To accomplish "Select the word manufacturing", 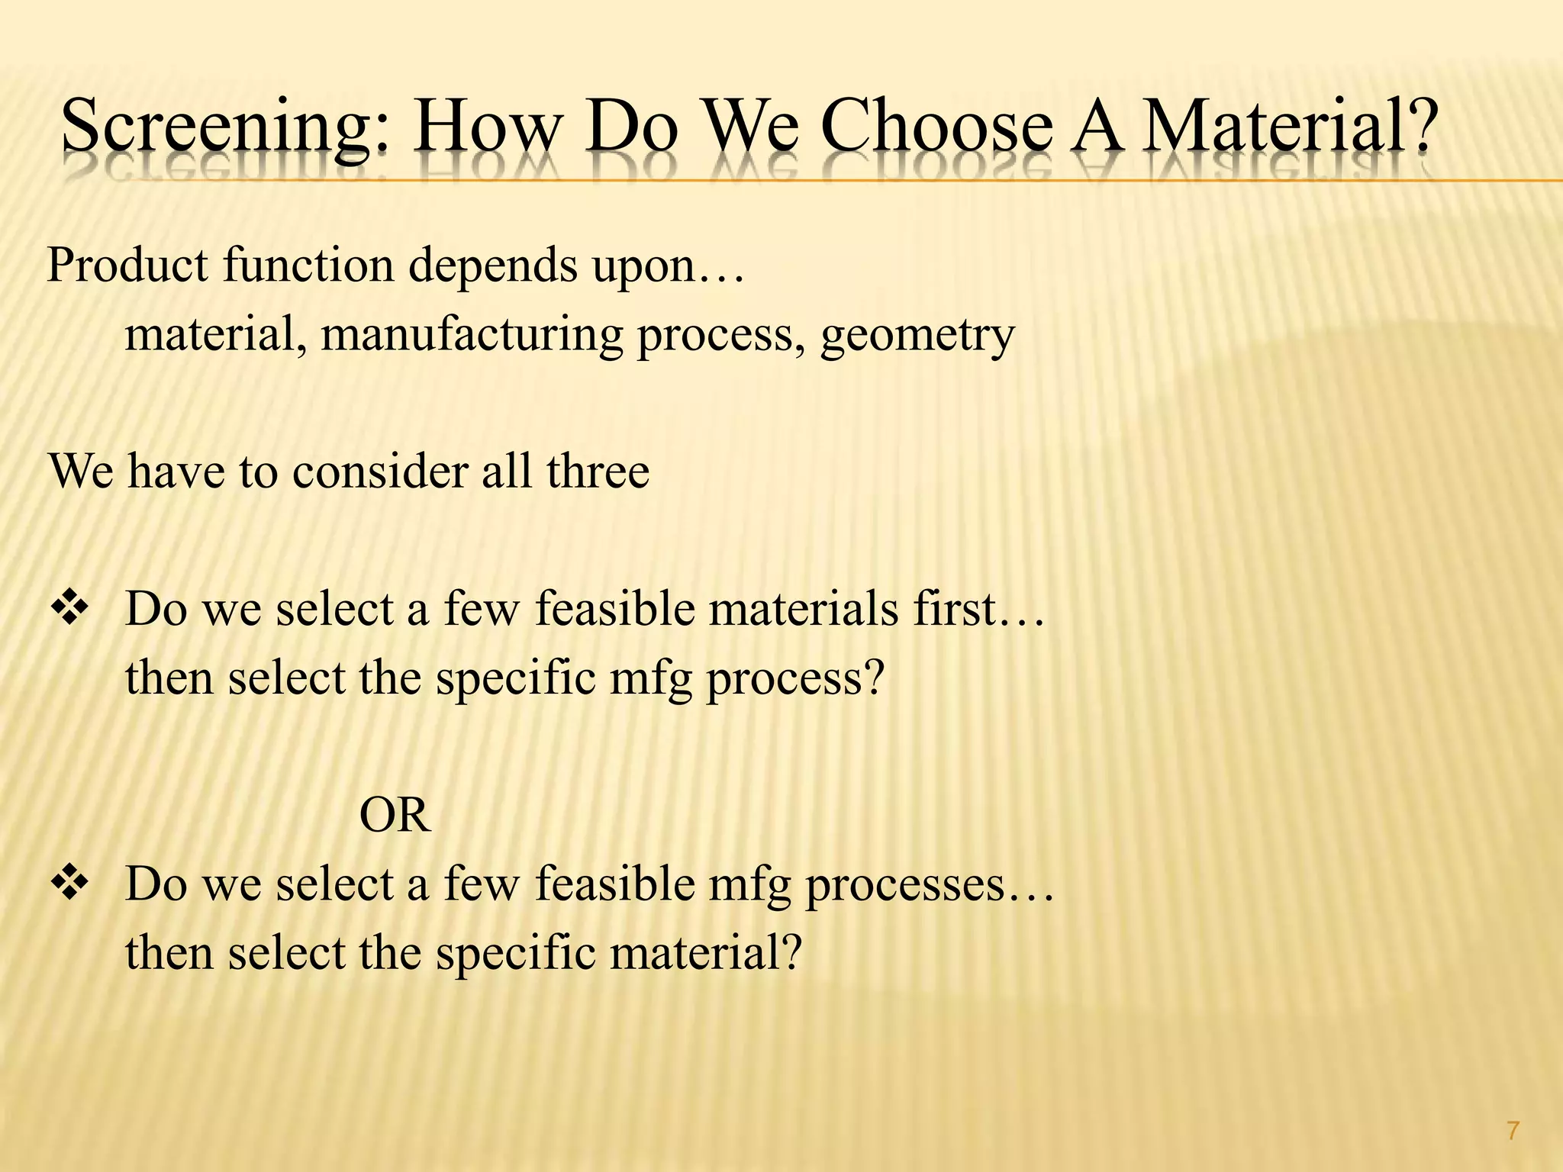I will tap(471, 334).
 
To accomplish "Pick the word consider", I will tap(379, 471).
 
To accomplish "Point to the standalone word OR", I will tap(395, 816).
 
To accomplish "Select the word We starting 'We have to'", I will tap(82, 471).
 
